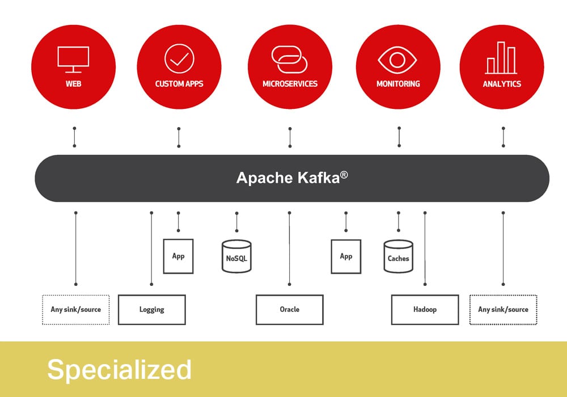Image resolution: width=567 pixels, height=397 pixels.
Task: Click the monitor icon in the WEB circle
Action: pos(73,60)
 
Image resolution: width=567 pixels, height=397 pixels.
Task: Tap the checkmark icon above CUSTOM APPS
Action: pos(179,58)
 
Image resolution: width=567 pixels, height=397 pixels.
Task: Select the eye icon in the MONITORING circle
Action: pos(397,60)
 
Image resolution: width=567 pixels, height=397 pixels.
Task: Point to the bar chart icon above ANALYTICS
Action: pos(501,58)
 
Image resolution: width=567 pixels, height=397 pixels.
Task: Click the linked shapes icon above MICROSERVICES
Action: pos(289,60)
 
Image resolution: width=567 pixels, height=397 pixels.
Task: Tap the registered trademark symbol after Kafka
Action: pos(344,175)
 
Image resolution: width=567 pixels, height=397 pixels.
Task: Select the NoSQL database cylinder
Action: pos(236,256)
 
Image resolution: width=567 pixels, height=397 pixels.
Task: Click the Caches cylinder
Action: pos(398,256)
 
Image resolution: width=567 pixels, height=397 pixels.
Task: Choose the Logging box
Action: pos(152,310)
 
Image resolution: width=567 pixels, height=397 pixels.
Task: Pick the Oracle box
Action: pos(290,310)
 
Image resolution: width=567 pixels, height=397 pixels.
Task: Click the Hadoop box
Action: pos(425,310)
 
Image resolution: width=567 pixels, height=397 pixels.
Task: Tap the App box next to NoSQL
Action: pos(178,256)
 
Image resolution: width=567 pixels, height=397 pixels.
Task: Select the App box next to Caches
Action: pos(346,256)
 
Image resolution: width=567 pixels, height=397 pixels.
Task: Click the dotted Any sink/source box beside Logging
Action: pos(76,310)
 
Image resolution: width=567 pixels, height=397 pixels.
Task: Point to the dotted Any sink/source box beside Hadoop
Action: pos(503,310)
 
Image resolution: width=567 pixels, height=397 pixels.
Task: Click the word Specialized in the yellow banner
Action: pos(119,369)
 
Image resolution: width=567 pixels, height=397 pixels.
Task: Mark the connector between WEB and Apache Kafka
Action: pos(74,137)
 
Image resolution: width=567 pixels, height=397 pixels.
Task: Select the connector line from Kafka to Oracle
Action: pos(289,248)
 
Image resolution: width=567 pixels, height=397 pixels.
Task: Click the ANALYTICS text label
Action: pos(502,84)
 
